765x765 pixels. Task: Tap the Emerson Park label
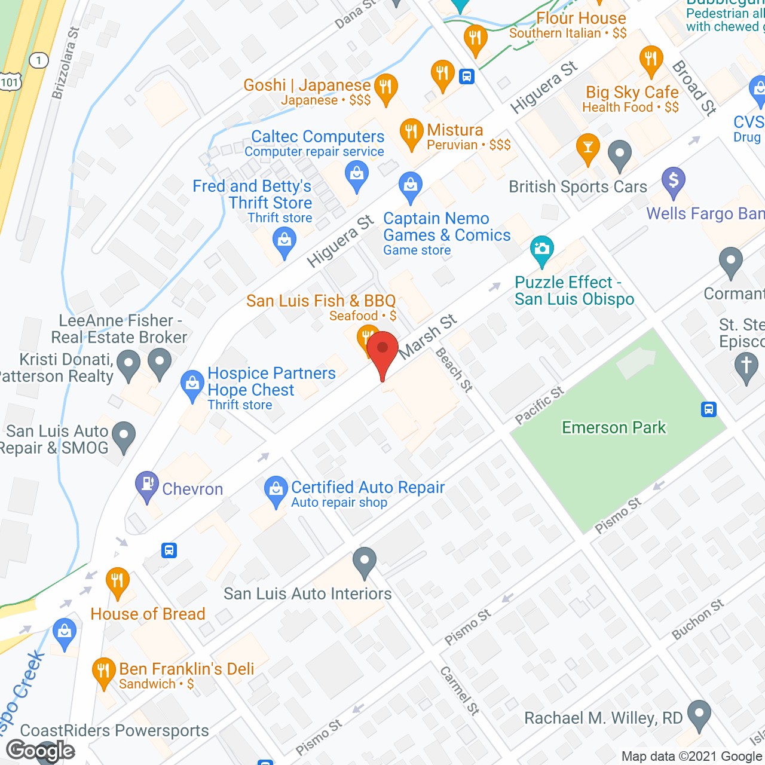coord(614,428)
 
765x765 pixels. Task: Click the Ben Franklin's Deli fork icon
coord(104,672)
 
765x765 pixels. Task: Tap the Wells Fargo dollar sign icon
coord(674,180)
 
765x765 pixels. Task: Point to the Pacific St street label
coord(540,405)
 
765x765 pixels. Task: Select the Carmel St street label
coord(460,691)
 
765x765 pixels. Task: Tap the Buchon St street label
coord(697,619)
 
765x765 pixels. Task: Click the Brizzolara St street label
coord(66,63)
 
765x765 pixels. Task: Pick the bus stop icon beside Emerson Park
coord(709,409)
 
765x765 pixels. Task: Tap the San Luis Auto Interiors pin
coord(364,562)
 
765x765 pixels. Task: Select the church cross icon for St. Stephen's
coord(746,366)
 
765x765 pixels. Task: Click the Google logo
coord(41,751)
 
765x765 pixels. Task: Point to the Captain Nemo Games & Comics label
coord(447,227)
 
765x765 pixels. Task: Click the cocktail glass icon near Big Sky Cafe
coord(587,148)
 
